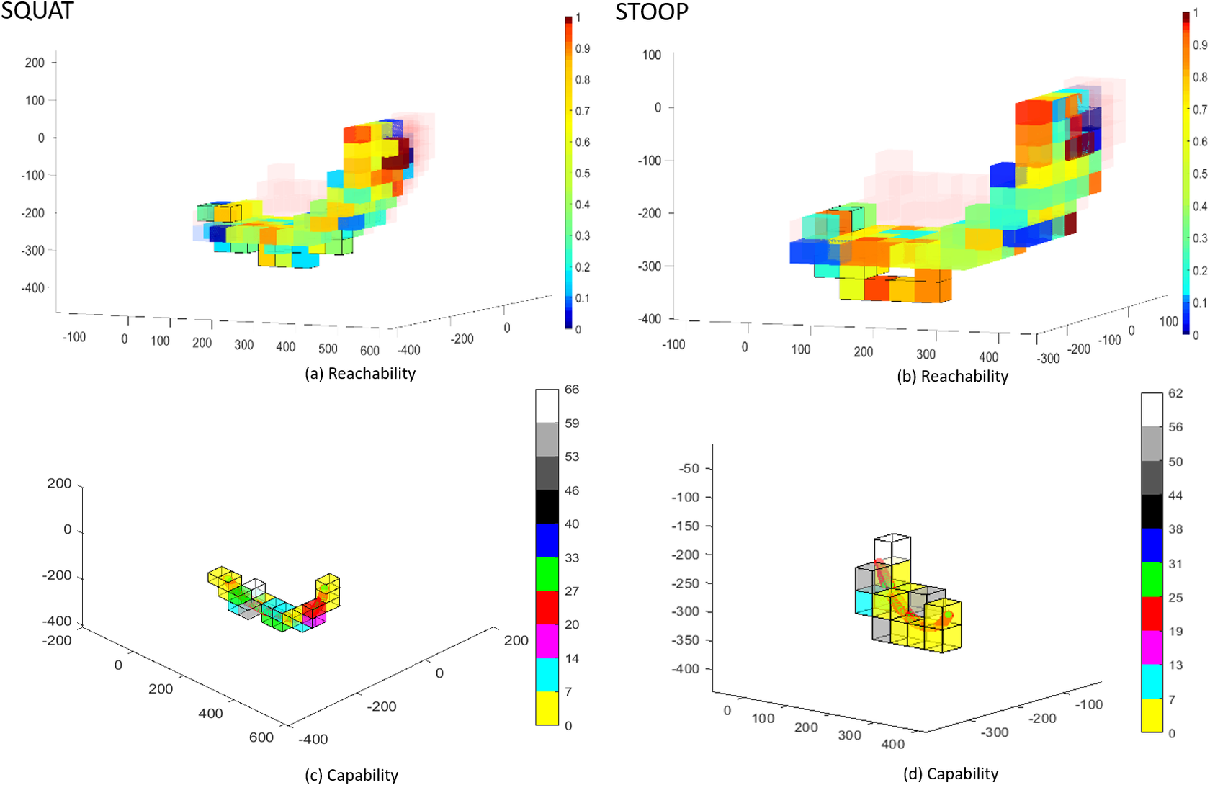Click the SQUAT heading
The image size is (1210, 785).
point(37,11)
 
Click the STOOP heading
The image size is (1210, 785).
point(652,12)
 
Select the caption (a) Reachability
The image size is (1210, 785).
point(360,373)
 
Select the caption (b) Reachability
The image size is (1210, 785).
point(952,376)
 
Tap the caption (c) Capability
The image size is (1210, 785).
point(351,775)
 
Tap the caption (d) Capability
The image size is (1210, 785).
point(951,773)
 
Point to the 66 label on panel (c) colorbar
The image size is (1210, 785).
point(572,390)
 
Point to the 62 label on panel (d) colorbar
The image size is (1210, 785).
point(1175,393)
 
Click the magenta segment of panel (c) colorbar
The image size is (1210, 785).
point(547,641)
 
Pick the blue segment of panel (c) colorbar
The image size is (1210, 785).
point(547,540)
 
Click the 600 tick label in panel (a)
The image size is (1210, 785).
point(369,351)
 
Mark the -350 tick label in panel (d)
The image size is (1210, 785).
point(685,640)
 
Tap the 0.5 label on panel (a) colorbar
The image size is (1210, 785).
point(582,174)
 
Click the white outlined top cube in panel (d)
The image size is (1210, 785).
point(892,547)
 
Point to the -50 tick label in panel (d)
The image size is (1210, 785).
point(689,468)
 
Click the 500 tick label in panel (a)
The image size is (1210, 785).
point(328,349)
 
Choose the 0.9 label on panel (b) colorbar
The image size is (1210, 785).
point(1199,45)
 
